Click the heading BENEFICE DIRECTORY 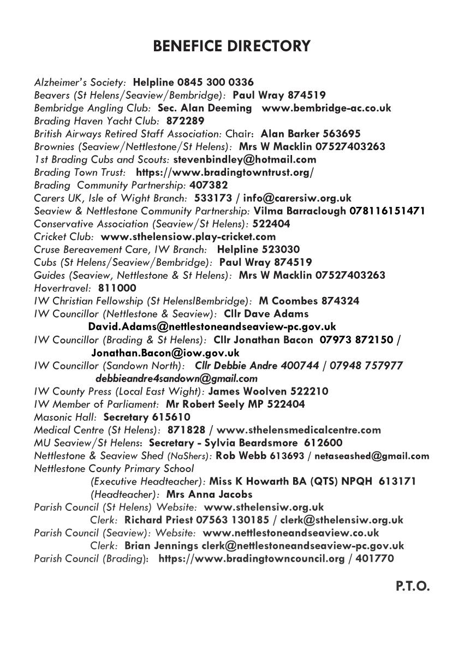coord(231,46)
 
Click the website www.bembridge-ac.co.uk coord(326,108)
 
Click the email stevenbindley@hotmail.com coord(245,159)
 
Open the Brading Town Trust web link coord(224,172)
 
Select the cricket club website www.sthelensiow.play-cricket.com coord(188,237)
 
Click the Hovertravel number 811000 coord(117,288)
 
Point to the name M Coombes coord(287,301)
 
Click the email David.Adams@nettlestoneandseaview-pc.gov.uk coord(212,326)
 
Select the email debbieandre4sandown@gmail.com coord(176,378)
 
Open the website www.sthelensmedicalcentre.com coord(299,430)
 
